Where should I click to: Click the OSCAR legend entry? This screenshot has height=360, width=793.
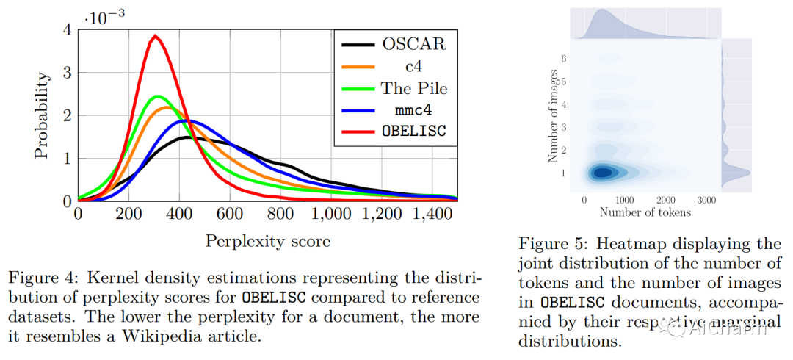pos(394,45)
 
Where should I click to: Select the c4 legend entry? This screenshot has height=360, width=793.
pos(394,66)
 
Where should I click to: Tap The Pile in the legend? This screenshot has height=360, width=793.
pos(394,88)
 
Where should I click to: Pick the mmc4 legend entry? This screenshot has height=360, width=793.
pos(394,109)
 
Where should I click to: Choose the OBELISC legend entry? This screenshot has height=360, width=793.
pos(394,131)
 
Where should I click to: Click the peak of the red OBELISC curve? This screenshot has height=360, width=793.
pos(155,36)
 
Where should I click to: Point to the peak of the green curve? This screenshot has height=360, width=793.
pos(158,96)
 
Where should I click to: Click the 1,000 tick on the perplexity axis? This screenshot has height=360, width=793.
pos(332,214)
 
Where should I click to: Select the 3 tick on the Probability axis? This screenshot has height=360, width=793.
pos(68,73)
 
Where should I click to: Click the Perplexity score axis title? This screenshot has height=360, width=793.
pos(267,241)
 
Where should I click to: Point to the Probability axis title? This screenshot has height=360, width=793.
pos(43,115)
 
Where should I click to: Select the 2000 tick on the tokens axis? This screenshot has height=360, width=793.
pos(666,201)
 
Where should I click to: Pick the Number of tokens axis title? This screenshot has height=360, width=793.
pos(645,212)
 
